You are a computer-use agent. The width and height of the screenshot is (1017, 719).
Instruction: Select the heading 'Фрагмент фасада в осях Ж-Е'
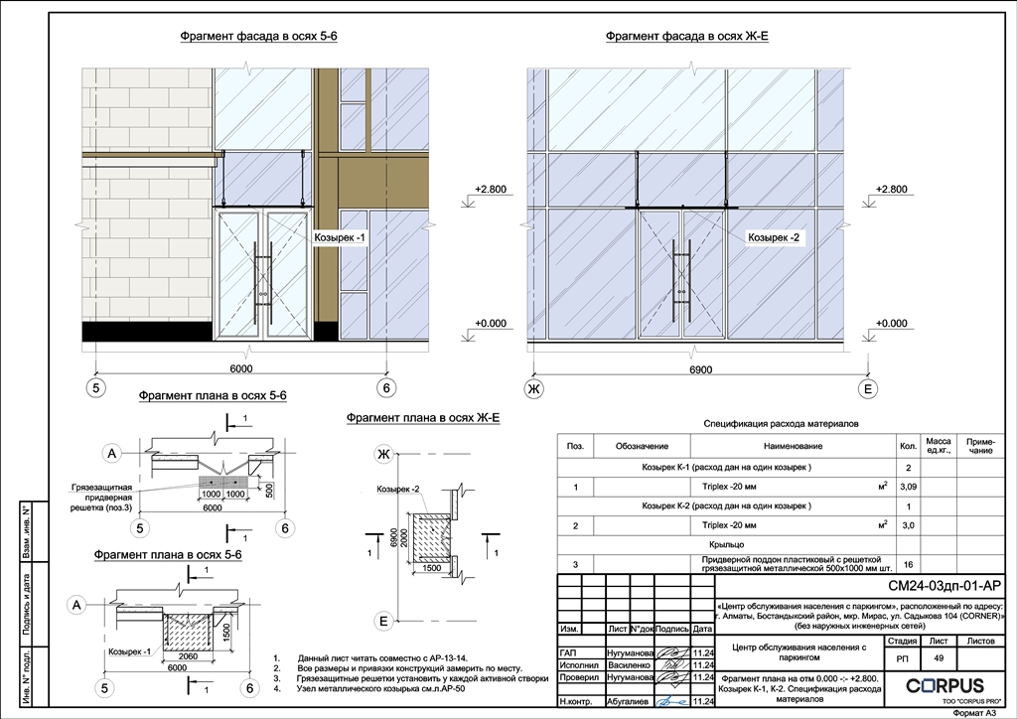tap(687, 37)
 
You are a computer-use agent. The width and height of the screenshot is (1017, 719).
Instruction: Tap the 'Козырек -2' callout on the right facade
tap(774, 238)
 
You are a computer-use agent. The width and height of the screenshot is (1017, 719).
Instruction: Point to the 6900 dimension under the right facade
tap(700, 368)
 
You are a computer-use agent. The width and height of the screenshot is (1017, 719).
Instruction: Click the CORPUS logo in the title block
tap(944, 685)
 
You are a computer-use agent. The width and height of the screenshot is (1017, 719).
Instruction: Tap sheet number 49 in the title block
tap(937, 657)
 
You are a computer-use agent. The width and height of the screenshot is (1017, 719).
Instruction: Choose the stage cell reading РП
tap(901, 657)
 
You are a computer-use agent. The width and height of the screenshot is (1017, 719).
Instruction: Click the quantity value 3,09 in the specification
tap(908, 487)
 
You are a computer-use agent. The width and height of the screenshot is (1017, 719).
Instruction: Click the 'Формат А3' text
tap(974, 712)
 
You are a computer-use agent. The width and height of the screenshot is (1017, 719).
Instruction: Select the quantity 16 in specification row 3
tap(908, 564)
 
